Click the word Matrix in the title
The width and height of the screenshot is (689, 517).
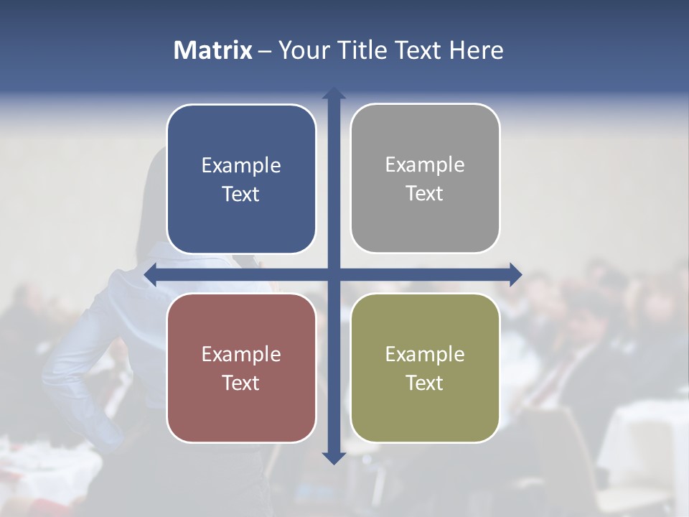tap(213, 50)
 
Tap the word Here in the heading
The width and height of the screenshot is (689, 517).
tap(476, 50)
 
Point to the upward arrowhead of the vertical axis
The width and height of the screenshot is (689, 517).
tap(333, 93)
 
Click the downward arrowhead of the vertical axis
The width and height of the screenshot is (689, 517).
tap(333, 457)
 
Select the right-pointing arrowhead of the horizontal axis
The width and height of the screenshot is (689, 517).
tap(515, 274)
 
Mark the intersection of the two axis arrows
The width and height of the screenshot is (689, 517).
tap(333, 274)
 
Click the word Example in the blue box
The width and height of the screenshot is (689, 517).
tap(241, 166)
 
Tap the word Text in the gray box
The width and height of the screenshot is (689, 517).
tap(424, 194)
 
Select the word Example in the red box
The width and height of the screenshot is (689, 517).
tap(241, 355)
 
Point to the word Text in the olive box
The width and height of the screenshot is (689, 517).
tap(424, 383)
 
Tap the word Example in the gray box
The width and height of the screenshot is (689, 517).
tap(425, 165)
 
